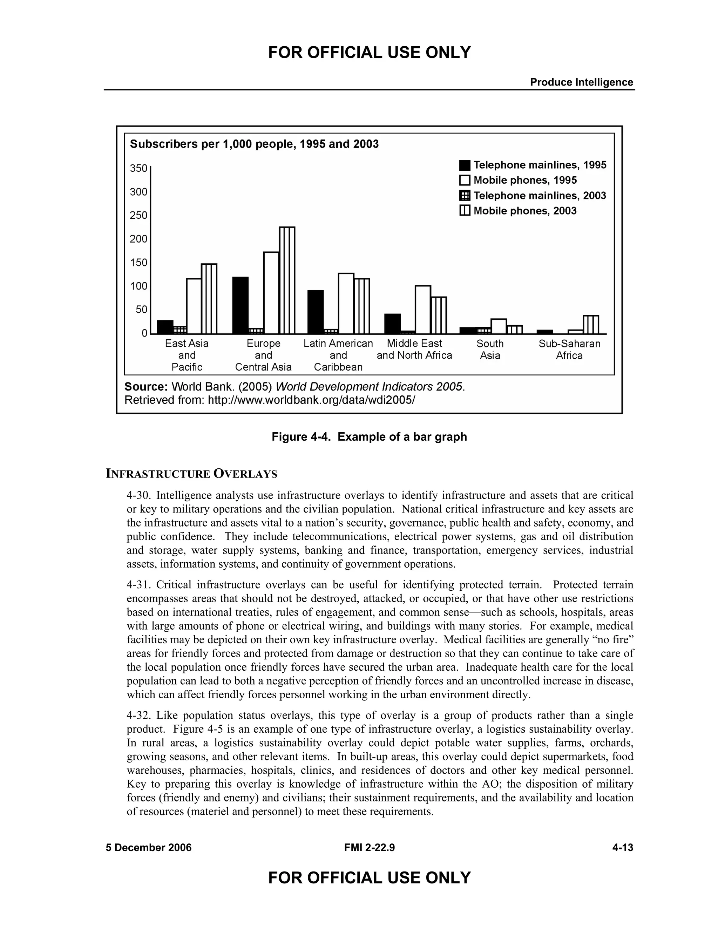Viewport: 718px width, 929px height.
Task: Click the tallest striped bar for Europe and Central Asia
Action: click(287, 281)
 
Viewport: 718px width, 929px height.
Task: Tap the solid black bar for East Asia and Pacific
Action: click(165, 327)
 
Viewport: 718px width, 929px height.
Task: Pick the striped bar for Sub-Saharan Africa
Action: click(590, 325)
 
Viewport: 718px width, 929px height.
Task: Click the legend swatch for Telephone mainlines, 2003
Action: click(465, 196)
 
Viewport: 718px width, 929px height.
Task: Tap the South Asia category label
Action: click(490, 349)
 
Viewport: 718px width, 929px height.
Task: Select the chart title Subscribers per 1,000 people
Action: click(254, 144)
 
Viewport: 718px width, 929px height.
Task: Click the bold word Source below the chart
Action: click(146, 387)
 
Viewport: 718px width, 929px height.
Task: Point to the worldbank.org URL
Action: click(311, 400)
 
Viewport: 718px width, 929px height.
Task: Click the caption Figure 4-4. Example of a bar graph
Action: click(369, 437)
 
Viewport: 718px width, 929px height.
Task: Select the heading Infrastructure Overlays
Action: click(191, 474)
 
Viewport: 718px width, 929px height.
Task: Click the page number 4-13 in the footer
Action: click(622, 848)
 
